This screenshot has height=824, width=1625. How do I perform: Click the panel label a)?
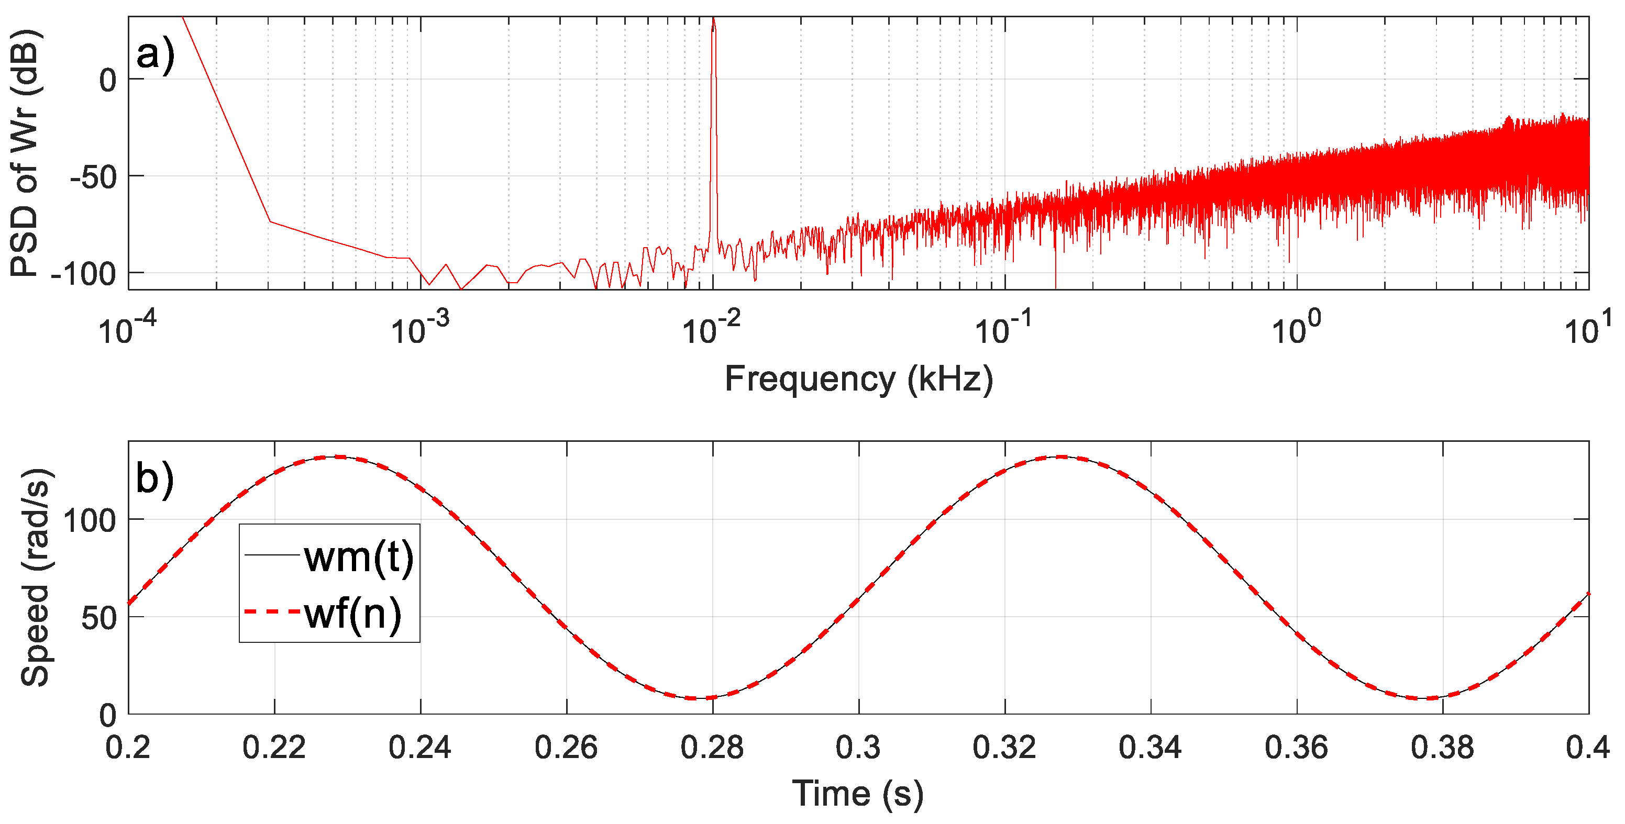click(154, 55)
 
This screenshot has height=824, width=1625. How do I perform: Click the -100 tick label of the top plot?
click(84, 275)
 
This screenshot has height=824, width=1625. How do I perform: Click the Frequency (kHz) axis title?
click(858, 380)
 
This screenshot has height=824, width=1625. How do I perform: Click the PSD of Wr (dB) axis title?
click(25, 152)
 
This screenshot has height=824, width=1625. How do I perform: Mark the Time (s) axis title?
click(857, 794)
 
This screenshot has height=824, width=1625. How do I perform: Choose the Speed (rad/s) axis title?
click(35, 578)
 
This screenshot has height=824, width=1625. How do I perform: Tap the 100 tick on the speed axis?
click(90, 521)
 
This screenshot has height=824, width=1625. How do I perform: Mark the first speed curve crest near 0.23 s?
click(339, 457)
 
